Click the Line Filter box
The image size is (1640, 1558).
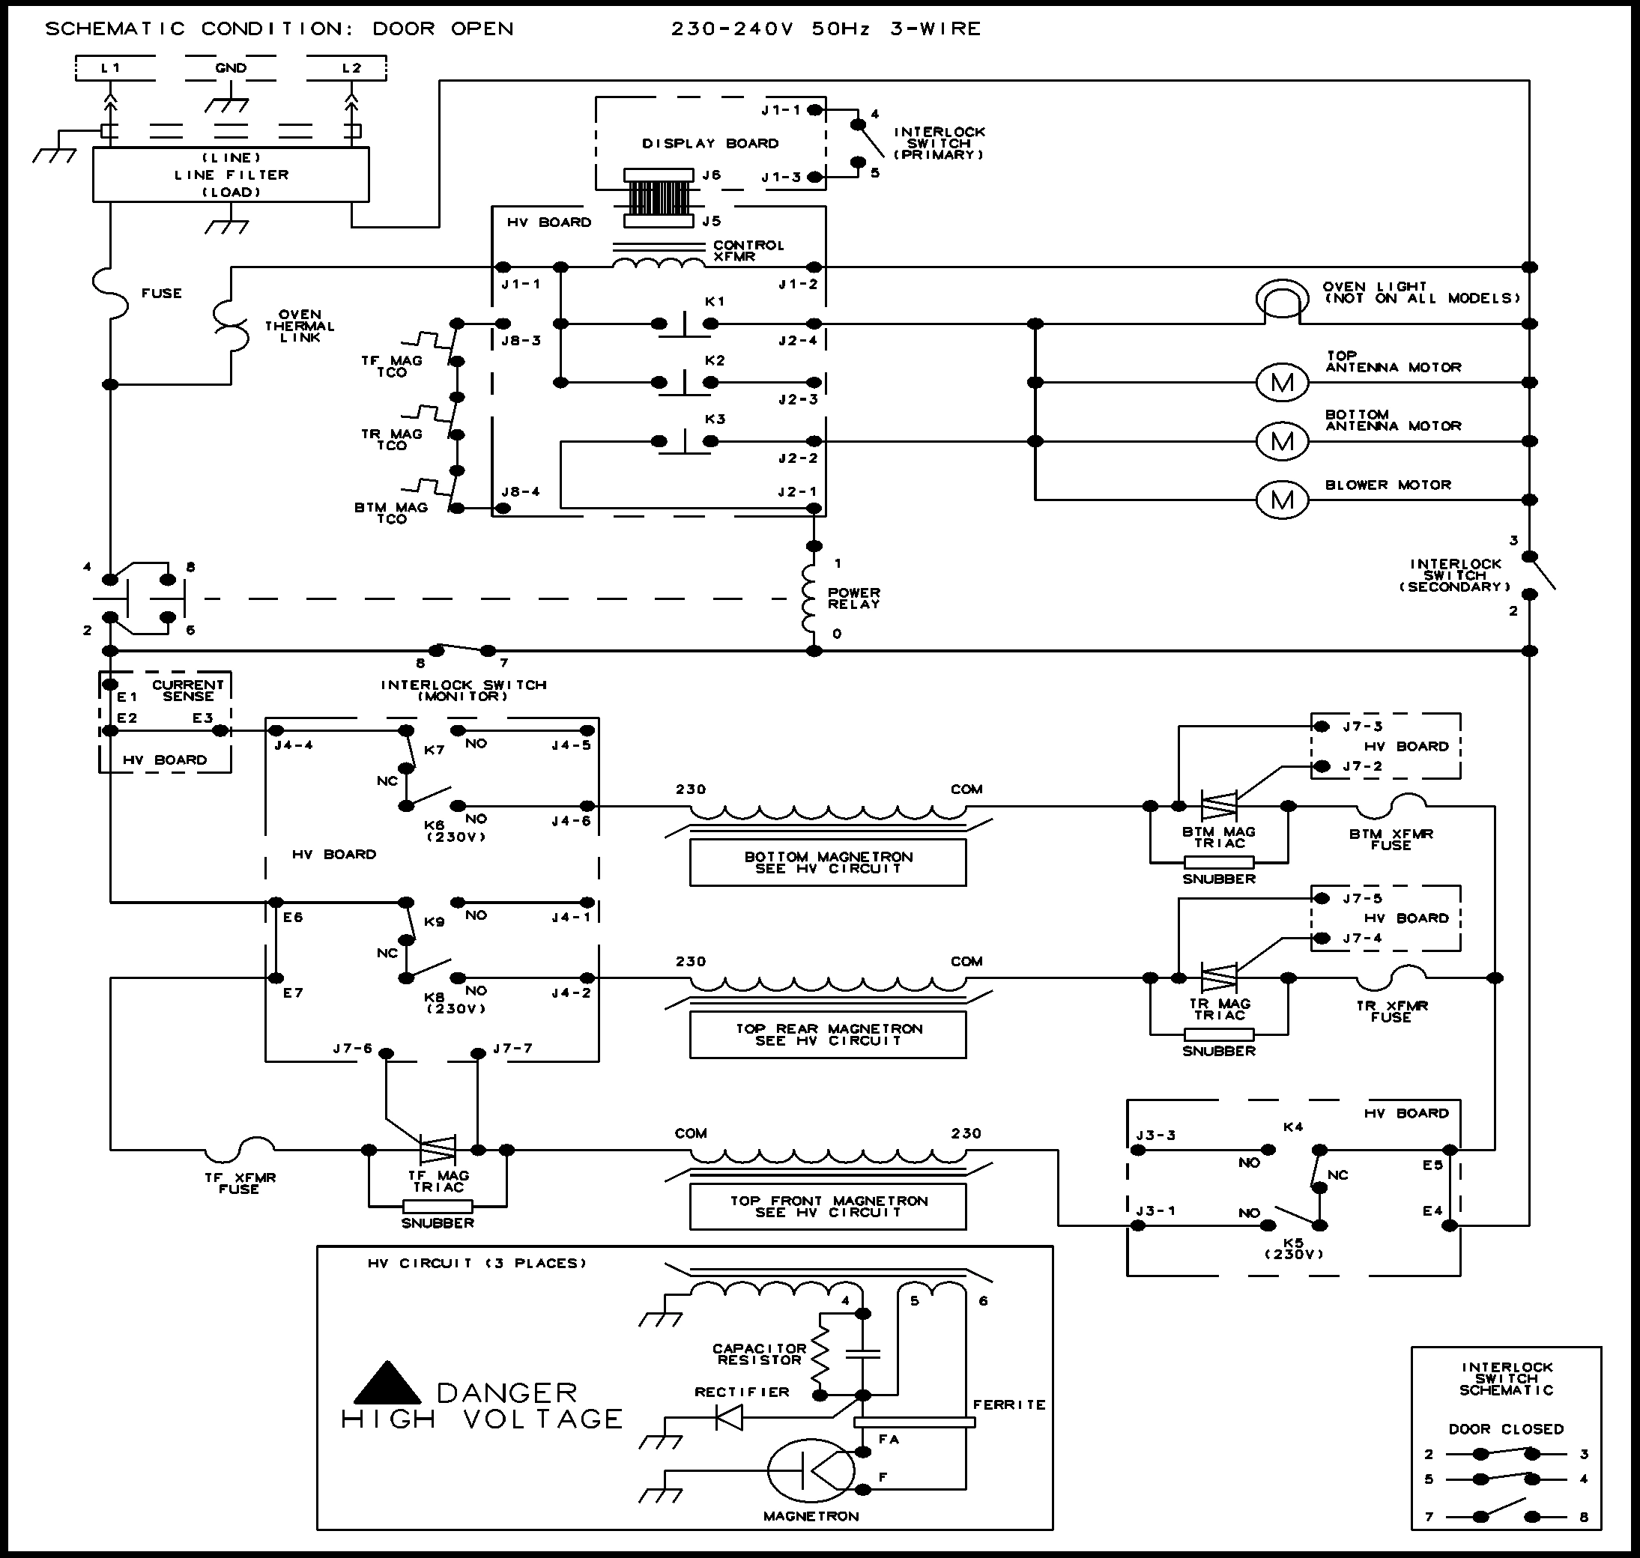(x=231, y=175)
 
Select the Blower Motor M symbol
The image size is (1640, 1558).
(x=1282, y=500)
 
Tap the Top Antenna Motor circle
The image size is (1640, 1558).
(x=1282, y=383)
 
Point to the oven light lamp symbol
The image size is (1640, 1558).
(x=1282, y=299)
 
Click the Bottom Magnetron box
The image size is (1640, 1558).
(x=827, y=863)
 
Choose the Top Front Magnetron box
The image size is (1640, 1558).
(x=827, y=1207)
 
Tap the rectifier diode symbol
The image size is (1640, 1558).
(x=730, y=1417)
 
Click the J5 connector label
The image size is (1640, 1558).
(x=711, y=222)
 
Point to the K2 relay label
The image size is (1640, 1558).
(x=715, y=360)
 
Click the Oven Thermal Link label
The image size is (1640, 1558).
(x=300, y=327)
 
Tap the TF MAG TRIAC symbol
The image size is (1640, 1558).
(x=438, y=1149)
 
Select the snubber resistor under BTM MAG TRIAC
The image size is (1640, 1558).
(x=1219, y=862)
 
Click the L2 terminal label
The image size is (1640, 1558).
(x=351, y=68)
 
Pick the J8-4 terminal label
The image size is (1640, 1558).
(x=520, y=491)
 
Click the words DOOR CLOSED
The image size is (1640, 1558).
(x=1505, y=1429)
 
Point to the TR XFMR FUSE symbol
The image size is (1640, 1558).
(x=1391, y=977)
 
